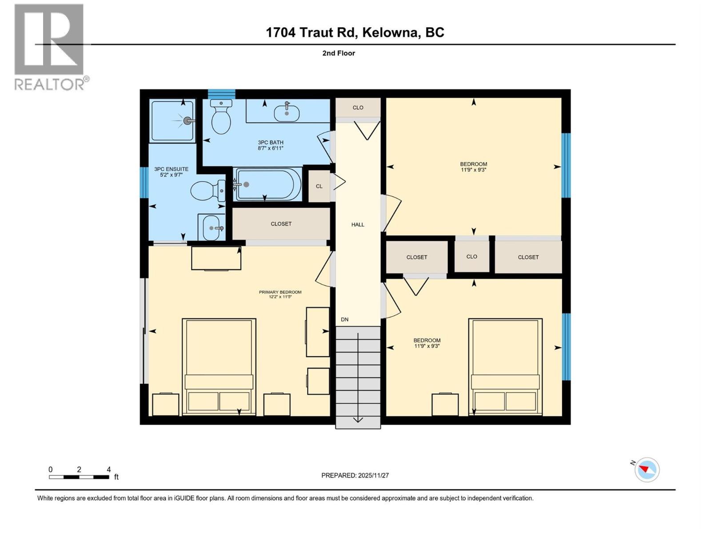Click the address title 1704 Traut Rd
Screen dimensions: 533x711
coord(355,32)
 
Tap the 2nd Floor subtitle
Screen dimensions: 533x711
coord(339,53)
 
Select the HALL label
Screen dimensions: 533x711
coord(358,225)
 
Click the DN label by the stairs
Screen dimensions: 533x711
coord(345,319)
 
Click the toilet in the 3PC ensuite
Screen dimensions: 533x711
coord(207,191)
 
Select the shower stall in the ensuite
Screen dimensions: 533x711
coord(172,120)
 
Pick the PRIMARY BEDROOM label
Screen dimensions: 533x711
coord(280,292)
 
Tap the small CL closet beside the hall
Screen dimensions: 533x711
coord(319,186)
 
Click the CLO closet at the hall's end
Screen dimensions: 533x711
coord(358,107)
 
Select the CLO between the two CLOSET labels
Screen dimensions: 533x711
coord(471,257)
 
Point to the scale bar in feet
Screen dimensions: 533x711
coord(79,477)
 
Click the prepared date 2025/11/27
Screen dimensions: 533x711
coord(355,475)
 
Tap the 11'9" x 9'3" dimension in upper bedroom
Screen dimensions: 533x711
coord(473,170)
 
